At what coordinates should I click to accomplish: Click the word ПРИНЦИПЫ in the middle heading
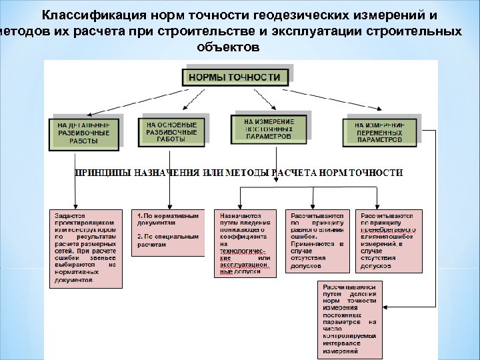[102, 172]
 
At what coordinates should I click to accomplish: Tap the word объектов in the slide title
[226, 48]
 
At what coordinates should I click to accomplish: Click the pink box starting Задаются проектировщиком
[86, 247]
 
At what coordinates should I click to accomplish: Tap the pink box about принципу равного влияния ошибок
[317, 241]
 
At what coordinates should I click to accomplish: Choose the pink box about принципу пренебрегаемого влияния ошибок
[389, 241]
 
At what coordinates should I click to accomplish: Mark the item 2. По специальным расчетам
[168, 241]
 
